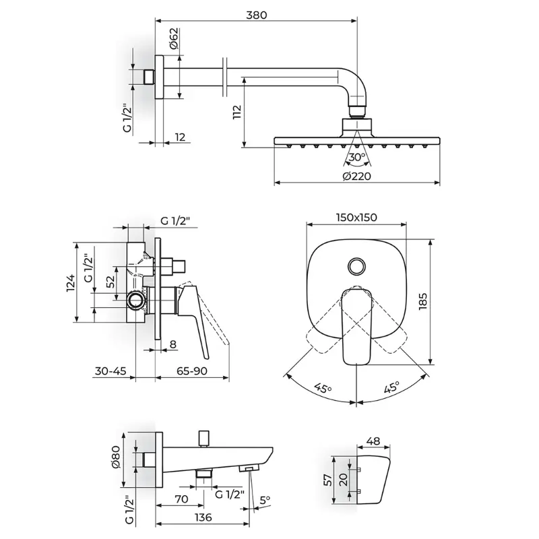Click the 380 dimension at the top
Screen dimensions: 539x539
point(257,15)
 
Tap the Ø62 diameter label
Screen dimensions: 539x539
point(174,38)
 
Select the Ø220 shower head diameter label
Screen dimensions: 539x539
point(357,176)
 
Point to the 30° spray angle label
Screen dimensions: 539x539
point(357,157)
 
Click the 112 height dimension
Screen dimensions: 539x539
point(237,112)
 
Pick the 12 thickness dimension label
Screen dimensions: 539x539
point(180,137)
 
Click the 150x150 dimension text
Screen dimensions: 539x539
point(356,217)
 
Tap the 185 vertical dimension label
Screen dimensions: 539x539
point(423,301)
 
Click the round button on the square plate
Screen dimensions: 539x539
point(357,266)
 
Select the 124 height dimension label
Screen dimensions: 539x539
point(71,283)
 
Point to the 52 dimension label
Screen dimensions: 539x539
point(110,282)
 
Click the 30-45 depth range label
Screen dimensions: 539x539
point(110,371)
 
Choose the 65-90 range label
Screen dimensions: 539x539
point(192,371)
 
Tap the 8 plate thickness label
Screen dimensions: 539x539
point(173,344)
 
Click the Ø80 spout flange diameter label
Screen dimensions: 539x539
point(116,457)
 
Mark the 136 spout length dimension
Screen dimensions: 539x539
point(203,517)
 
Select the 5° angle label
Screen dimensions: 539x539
point(265,500)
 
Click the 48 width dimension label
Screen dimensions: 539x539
point(373,441)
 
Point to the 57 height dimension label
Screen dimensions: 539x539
point(329,480)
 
